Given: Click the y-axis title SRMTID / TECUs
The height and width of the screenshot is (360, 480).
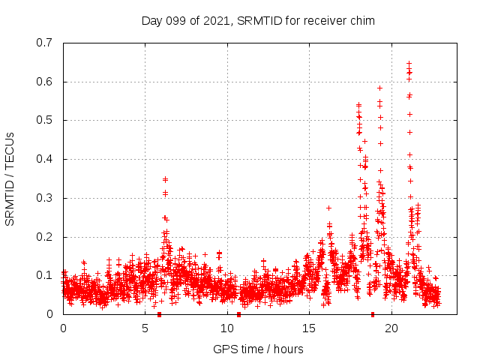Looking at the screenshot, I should pyautogui.click(x=10, y=178).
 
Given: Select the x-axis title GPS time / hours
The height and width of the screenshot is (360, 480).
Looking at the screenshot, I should pyautogui.click(x=258, y=349).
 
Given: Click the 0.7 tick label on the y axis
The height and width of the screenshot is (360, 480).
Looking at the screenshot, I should pyautogui.click(x=44, y=43).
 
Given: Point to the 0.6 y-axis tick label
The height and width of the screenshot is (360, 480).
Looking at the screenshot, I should pyautogui.click(x=44, y=82).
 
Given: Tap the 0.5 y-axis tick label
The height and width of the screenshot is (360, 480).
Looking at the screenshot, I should pyautogui.click(x=44, y=120).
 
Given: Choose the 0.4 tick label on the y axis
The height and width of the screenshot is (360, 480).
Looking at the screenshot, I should pyautogui.click(x=44, y=159).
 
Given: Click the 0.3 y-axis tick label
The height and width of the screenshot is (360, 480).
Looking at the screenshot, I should pyautogui.click(x=44, y=198).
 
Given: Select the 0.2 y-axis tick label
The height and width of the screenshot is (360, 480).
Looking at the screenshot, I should pyautogui.click(x=44, y=237).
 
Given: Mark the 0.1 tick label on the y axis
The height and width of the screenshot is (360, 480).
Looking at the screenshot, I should pyautogui.click(x=44, y=275).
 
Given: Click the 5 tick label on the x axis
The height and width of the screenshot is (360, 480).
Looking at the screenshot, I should pyautogui.click(x=145, y=328).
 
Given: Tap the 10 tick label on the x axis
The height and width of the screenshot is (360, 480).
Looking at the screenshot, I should pyautogui.click(x=227, y=328).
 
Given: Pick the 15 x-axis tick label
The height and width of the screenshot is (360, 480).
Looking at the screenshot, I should pyautogui.click(x=309, y=328).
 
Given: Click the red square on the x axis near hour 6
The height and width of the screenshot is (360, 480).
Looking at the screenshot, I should pyautogui.click(x=159, y=314).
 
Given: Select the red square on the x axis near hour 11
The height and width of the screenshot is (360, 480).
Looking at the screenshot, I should pyautogui.click(x=238, y=314).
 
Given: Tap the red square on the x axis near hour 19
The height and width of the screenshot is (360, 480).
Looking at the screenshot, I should pyautogui.click(x=373, y=314).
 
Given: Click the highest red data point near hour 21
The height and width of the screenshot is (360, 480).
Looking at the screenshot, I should pyautogui.click(x=409, y=64).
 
